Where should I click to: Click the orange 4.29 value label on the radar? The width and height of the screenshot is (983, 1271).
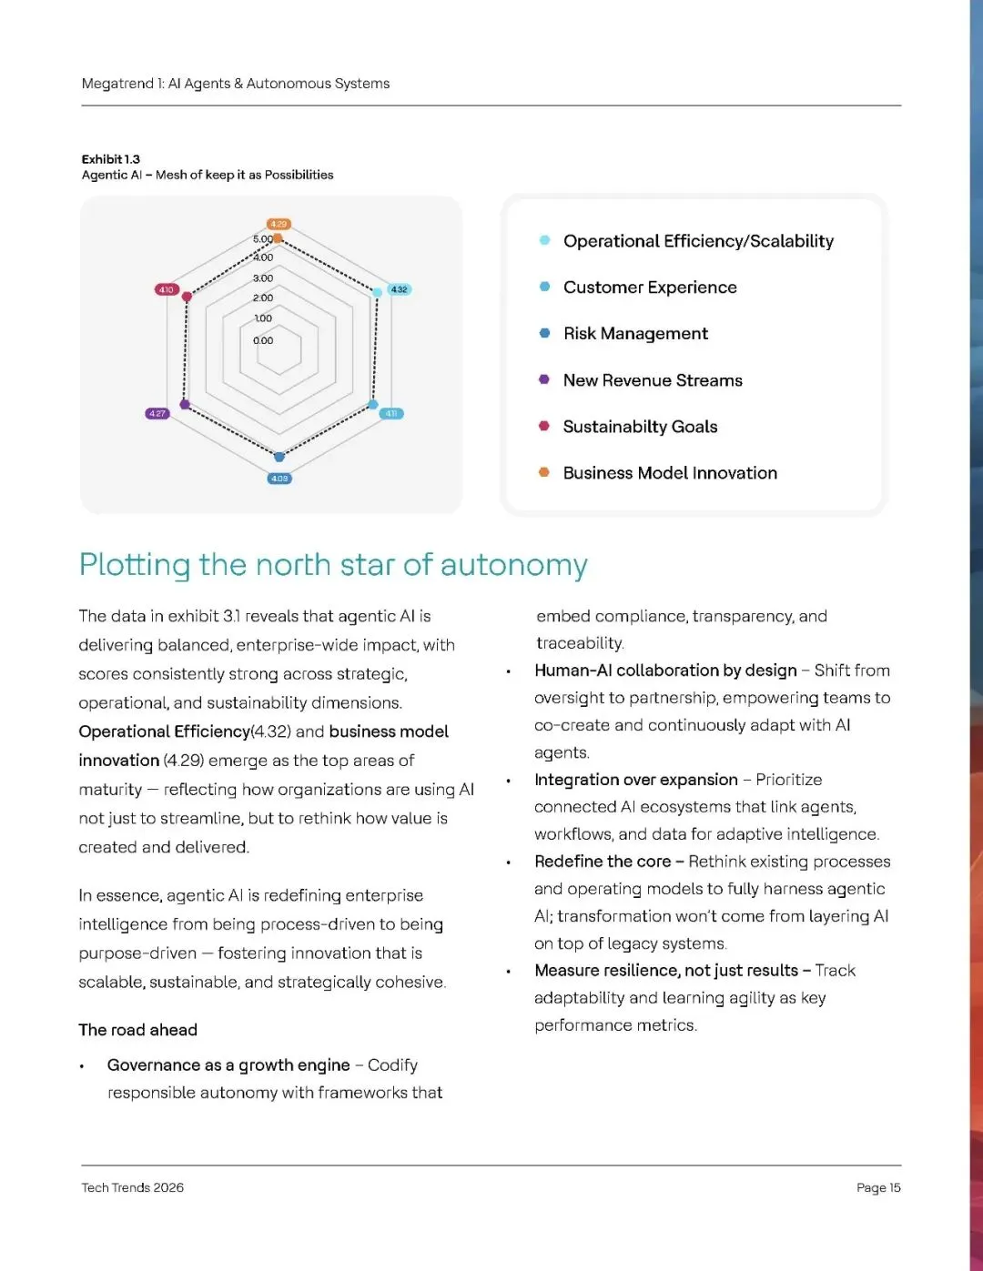coord(279,224)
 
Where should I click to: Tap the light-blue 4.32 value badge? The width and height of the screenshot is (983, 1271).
coord(399,289)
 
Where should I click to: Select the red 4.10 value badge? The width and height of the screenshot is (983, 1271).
coord(166,289)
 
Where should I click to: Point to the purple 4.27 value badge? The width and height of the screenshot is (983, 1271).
coord(157,413)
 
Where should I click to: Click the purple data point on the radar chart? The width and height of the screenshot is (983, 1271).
coord(186,404)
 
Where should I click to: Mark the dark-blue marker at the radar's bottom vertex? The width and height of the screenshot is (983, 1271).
coord(279,457)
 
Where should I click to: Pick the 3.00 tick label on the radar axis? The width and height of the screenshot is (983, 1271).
coord(263,278)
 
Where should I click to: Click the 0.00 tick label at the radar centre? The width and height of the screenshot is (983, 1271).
coord(263,340)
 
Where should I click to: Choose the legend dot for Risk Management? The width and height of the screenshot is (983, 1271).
coord(544,333)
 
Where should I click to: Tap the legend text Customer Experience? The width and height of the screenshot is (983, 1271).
coord(650,287)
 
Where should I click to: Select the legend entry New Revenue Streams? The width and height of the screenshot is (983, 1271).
coord(653,380)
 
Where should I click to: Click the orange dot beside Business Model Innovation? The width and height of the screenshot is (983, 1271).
coord(544,472)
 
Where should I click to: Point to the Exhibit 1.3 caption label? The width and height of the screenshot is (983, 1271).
coord(111,159)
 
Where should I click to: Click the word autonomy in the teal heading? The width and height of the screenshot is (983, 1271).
coord(514,565)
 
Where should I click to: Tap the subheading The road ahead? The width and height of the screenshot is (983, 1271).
coord(138,1030)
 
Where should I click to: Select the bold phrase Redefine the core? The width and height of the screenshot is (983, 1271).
coord(603,862)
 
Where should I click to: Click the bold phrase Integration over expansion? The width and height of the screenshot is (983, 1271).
coord(636,780)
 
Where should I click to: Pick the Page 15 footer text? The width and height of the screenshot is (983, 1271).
coord(878,1187)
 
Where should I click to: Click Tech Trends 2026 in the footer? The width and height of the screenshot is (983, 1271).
coord(133,1187)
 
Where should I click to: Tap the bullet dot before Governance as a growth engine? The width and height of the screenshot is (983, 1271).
coord(82,1066)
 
